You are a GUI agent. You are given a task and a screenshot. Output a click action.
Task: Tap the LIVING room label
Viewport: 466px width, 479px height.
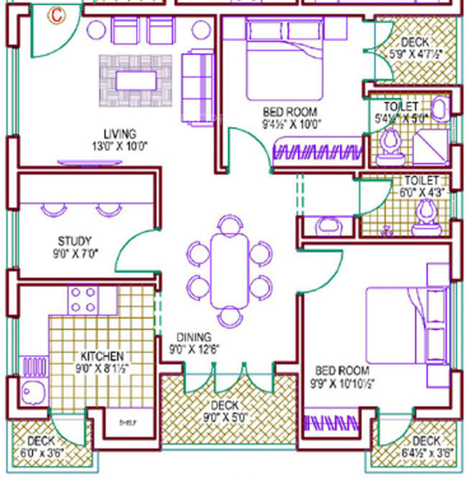point(120,134)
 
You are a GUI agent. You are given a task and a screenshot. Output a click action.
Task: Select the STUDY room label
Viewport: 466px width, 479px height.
point(75,241)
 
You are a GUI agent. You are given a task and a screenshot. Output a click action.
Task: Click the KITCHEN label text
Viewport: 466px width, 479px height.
point(101,356)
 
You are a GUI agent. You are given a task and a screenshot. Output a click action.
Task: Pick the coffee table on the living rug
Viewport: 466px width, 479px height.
point(136,80)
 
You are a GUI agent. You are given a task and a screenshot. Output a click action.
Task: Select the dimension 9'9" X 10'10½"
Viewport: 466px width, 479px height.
point(342,383)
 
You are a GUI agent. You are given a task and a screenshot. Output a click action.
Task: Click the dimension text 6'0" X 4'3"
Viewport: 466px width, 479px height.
point(421,192)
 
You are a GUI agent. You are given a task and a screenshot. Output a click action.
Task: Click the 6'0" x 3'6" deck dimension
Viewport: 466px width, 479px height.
point(40,453)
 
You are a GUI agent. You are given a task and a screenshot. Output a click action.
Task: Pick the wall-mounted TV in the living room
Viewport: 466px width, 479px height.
point(89,163)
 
